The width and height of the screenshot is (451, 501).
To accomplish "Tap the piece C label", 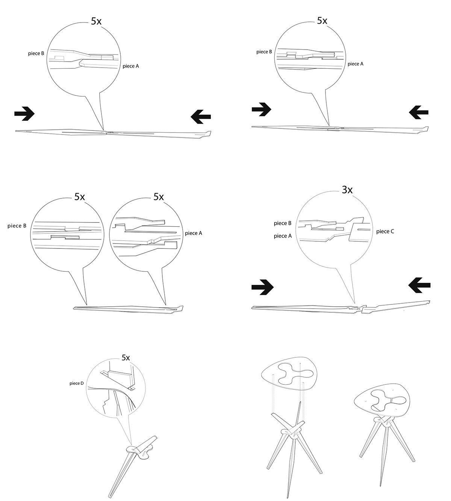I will (x=385, y=232).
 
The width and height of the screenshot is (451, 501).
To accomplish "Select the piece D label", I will (x=77, y=383).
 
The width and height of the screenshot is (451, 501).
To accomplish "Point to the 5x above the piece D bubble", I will (x=126, y=358).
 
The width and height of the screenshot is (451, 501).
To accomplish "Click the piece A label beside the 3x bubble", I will (x=283, y=236).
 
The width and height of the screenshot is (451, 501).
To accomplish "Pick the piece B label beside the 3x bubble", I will (x=283, y=223).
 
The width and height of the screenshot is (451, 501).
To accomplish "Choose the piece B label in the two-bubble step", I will (x=17, y=226).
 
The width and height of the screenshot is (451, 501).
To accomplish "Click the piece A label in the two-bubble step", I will (x=193, y=233).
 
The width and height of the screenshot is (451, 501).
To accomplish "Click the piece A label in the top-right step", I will (x=355, y=64).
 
